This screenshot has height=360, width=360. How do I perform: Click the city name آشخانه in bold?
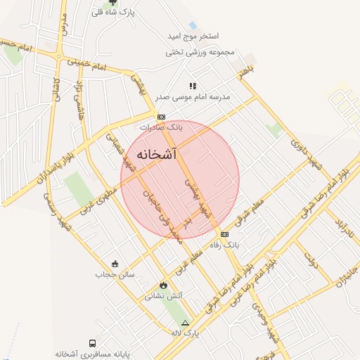[157, 154]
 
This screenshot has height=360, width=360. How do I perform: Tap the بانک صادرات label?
[161, 128]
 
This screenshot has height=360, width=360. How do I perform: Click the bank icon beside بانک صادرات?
[161, 117]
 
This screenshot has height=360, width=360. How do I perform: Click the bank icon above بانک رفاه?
[224, 234]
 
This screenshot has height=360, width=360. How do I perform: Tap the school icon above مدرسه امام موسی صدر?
[193, 85]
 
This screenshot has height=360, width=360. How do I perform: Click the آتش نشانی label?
[164, 296]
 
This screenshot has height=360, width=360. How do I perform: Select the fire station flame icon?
[164, 285]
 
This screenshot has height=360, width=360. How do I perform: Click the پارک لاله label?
[186, 333]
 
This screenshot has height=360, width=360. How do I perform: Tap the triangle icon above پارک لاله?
[185, 322]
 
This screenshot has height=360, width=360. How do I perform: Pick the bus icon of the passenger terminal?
[92, 343]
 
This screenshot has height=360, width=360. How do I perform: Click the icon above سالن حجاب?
[115, 263]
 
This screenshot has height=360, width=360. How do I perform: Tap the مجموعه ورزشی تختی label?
[199, 52]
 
